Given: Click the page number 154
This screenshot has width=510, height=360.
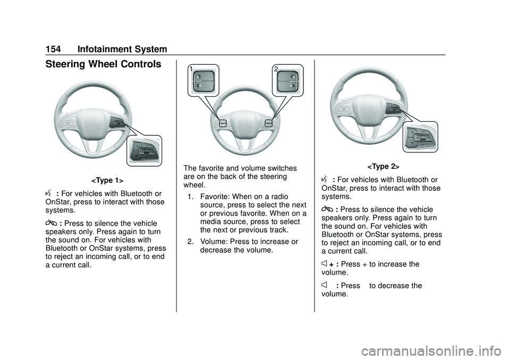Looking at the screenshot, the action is [x=53, y=49].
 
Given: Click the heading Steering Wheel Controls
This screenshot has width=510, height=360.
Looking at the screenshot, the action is [x=103, y=64].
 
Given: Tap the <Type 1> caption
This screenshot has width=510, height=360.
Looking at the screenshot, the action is [x=107, y=180].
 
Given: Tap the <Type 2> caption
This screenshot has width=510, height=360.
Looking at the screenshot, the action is [x=383, y=167].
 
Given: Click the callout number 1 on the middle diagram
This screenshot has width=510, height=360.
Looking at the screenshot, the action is [x=191, y=68].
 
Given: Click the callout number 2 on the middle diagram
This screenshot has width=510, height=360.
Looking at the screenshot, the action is [x=276, y=68].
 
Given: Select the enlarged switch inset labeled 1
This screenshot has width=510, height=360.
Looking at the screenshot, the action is [x=203, y=80].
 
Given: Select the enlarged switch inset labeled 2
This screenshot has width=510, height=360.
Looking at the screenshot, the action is [x=288, y=80].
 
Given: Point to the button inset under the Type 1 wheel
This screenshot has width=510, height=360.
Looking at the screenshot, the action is [x=144, y=151].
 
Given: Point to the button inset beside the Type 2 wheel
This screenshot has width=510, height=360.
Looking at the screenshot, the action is [x=420, y=136].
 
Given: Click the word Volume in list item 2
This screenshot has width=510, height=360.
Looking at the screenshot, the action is [x=214, y=242].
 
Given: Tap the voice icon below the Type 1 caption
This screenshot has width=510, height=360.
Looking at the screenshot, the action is [x=49, y=193].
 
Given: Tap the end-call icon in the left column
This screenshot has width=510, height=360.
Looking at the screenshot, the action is [x=51, y=224].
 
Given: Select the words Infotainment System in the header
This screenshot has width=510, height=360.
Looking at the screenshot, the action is [x=122, y=49].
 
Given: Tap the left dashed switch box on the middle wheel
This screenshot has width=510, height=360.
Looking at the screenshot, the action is [x=223, y=123].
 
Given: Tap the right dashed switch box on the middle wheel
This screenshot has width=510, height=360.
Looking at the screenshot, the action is [x=268, y=123].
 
